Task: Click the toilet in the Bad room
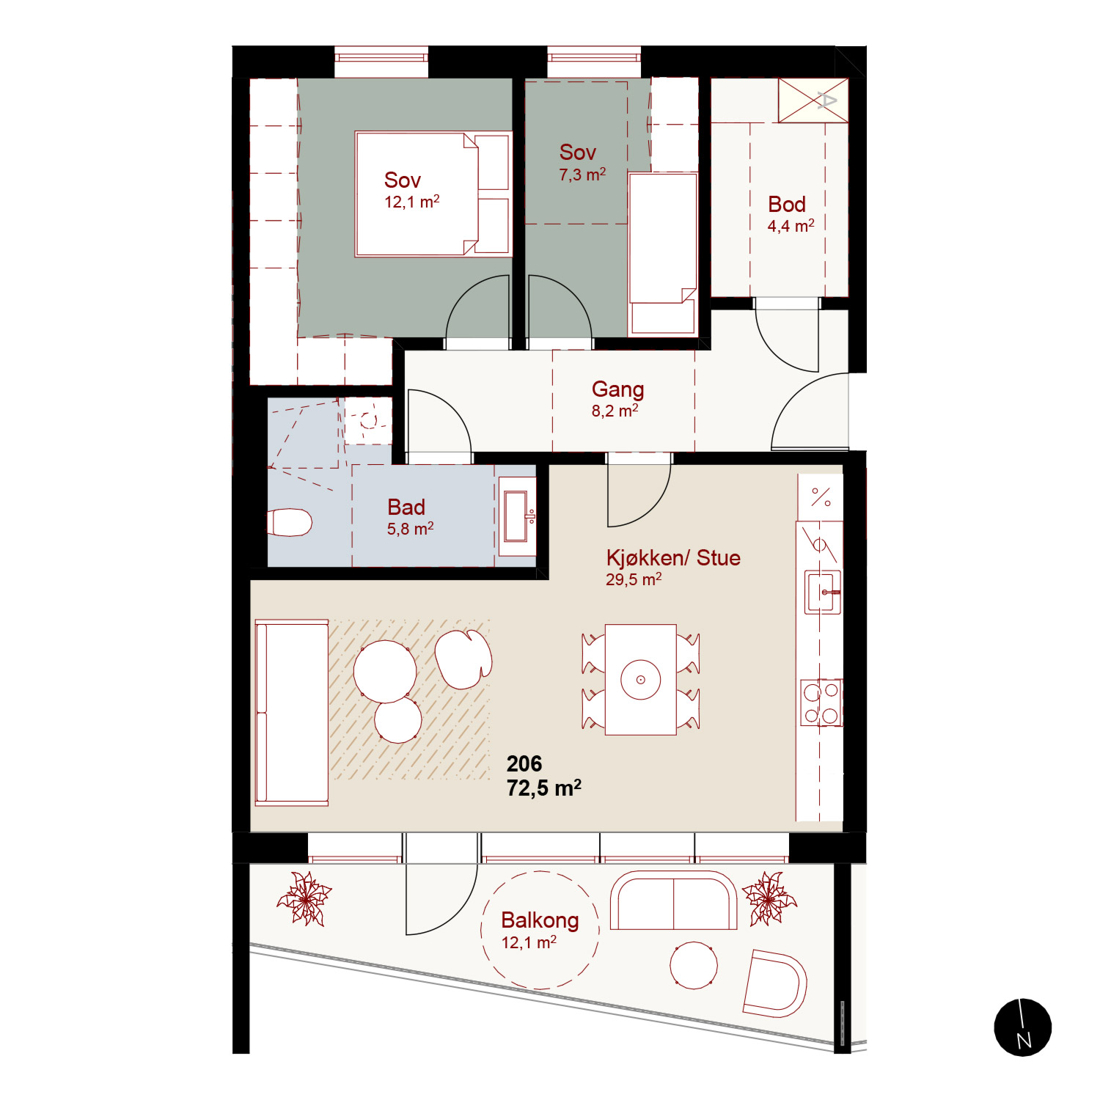pos(290,522)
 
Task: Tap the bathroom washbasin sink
pos(517,516)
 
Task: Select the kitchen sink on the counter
pos(823,592)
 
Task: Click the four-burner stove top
pos(821,703)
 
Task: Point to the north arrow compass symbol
pos(1022,1027)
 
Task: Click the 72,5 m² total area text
pos(544,788)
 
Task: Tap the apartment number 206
pos(524,763)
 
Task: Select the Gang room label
pos(617,389)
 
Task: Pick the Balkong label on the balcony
pos(540,920)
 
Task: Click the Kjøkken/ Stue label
pos(673,558)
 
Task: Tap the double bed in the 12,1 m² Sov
pos(433,194)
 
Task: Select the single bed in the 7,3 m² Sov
pos(663,254)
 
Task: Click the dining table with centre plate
pos(641,680)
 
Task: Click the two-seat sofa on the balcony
pos(673,901)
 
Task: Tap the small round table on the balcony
pos(694,965)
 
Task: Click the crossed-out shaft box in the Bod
pos(813,100)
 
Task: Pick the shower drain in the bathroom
pos(368,421)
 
